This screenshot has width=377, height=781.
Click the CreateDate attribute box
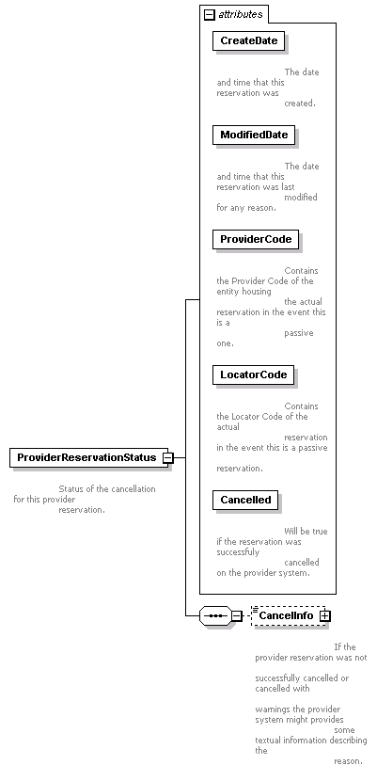point(249,40)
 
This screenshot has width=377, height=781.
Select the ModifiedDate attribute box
point(254,135)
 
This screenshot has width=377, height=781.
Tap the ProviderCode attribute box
point(256,239)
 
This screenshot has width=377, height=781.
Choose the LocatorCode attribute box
point(253,375)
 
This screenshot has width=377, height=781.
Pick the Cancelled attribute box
point(245,500)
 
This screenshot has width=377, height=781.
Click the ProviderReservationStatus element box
point(88,457)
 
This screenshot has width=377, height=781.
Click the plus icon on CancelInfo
point(324,616)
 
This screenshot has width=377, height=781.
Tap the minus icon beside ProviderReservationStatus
point(168,457)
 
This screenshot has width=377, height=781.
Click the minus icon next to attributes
point(210,14)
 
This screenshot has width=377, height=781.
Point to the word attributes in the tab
point(241,14)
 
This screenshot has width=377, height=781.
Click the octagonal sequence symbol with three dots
point(215,616)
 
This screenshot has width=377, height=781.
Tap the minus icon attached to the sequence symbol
point(237,616)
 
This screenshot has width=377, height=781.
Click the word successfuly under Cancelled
point(238,552)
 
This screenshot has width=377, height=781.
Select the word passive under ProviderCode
point(299,333)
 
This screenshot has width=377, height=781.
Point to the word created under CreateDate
point(299,104)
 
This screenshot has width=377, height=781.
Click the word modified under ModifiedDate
point(301,198)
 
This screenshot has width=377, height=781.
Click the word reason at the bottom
point(348,761)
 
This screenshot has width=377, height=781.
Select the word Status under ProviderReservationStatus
point(71,489)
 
